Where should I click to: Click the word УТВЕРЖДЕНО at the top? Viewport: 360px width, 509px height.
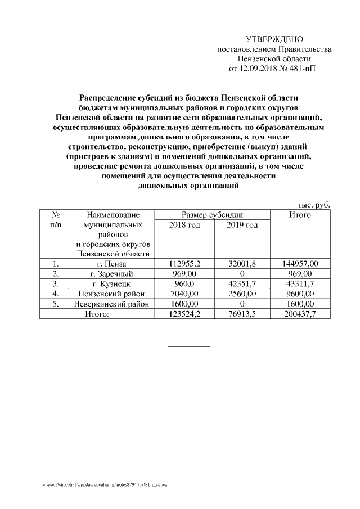pyautogui.click(x=274, y=39)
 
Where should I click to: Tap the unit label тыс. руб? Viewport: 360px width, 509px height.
pyautogui.click(x=313, y=205)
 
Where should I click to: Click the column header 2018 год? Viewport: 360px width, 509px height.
pyautogui.click(x=184, y=225)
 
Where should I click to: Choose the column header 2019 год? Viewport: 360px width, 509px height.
pyautogui.click(x=242, y=225)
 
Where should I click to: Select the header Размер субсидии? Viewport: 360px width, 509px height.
pyautogui.click(x=212, y=215)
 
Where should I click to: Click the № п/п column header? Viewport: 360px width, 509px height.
pyautogui.click(x=56, y=220)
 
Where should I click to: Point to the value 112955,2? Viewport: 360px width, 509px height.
pyautogui.click(x=184, y=263)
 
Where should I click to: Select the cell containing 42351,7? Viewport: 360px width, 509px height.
pyautogui.click(x=242, y=283)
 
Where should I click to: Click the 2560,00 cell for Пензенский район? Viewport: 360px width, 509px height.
pyautogui.click(x=242, y=294)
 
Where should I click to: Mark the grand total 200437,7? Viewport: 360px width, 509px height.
pyautogui.click(x=301, y=314)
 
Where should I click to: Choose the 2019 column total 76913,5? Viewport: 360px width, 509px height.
pyautogui.click(x=242, y=314)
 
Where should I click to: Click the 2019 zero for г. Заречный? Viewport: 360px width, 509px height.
pyautogui.click(x=242, y=273)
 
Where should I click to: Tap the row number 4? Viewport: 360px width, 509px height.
pyautogui.click(x=56, y=294)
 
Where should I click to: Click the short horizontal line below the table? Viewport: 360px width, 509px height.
pyautogui.click(x=188, y=346)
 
